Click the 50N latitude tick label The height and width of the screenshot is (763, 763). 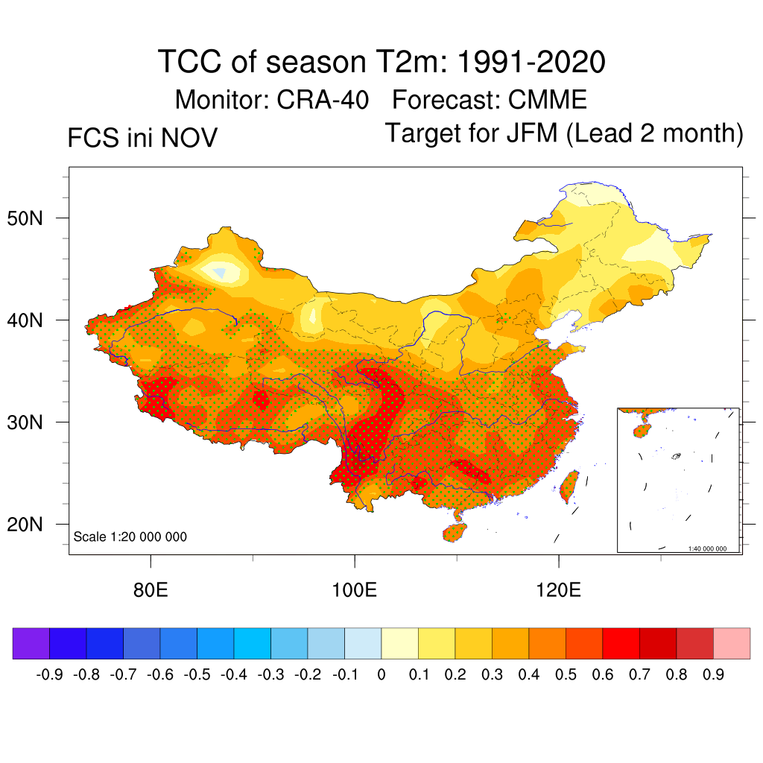pyautogui.click(x=35, y=218)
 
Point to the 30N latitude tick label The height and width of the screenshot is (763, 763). pyautogui.click(x=35, y=422)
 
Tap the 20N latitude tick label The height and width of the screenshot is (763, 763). pyautogui.click(x=35, y=525)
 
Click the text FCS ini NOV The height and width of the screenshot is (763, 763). pyautogui.click(x=142, y=138)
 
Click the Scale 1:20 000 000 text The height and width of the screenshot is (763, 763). pyautogui.click(x=130, y=536)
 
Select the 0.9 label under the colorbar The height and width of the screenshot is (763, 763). pyautogui.click(x=714, y=675)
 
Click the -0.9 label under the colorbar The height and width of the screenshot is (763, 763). pyautogui.click(x=49, y=675)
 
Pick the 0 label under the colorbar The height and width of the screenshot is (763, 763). pyautogui.click(x=381, y=675)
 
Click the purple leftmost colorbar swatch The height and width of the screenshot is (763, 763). pyautogui.click(x=31, y=644)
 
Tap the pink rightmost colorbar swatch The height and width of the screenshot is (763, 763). pyautogui.click(x=732, y=644)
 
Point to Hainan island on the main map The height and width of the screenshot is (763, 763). pyautogui.click(x=455, y=532)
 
